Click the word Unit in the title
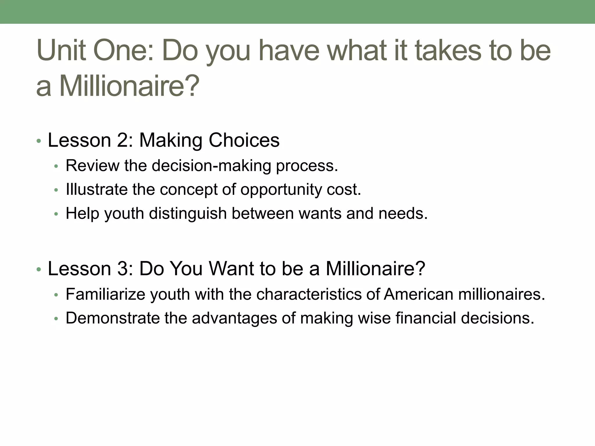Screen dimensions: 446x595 tap(61, 51)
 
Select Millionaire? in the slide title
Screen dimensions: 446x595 tap(129, 86)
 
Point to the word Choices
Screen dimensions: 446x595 tap(244, 140)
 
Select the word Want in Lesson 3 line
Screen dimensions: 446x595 tap(231, 269)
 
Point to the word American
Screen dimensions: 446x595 tap(418, 294)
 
